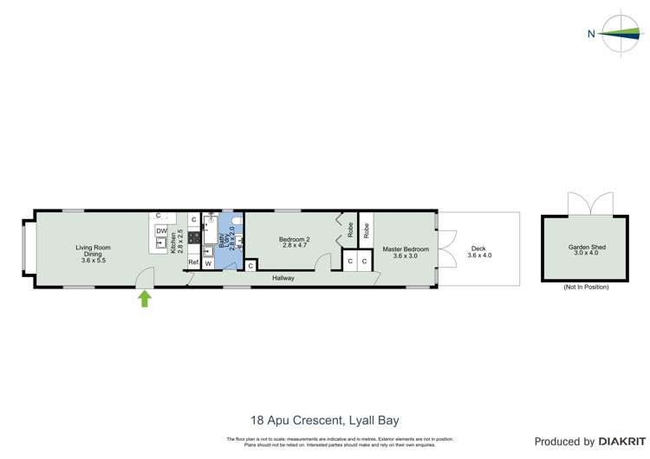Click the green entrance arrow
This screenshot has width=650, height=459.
click(145, 299)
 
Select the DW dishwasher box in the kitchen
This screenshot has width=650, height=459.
click(161, 230)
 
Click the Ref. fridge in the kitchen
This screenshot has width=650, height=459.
click(194, 262)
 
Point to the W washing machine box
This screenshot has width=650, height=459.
click(209, 263)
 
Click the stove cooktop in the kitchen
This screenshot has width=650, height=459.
click(195, 237)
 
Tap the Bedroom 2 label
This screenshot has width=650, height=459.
click(295, 242)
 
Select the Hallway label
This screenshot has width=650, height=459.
click(283, 278)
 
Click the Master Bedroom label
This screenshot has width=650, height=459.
click(406, 252)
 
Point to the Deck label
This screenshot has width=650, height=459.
click(479, 252)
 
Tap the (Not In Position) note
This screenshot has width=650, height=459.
click(586, 287)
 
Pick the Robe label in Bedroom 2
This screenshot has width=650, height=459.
click(350, 230)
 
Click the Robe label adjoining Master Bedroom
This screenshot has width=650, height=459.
click(367, 230)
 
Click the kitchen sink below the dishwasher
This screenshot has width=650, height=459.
click(161, 243)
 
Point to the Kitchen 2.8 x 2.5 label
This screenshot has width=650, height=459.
click(177, 242)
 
